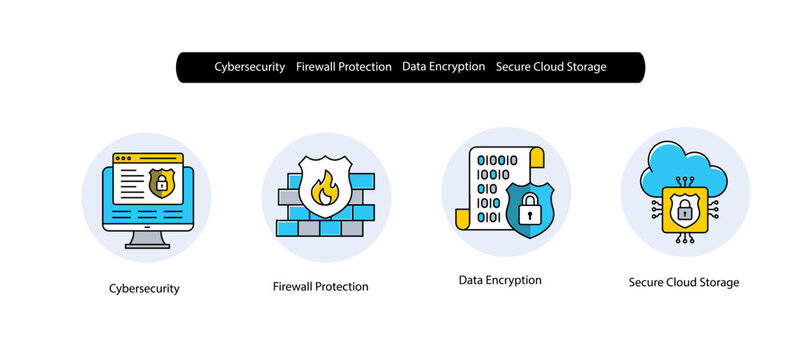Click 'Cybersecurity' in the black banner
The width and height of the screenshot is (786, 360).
pos(250,67)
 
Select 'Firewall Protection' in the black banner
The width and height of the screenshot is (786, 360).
pos(344,67)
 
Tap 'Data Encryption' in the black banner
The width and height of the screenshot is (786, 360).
pos(443,67)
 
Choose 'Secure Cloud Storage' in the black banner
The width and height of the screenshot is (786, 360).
pos(551,67)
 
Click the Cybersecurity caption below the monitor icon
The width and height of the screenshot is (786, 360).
pos(144,288)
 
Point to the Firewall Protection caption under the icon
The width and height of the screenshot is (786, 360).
pos(320,287)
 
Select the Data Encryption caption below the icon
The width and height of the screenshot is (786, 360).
pos(499,280)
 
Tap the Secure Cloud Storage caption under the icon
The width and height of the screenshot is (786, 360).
pos(684,282)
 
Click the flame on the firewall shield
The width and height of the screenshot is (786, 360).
pos(324,187)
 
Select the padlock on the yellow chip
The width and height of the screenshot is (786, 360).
pos(685,210)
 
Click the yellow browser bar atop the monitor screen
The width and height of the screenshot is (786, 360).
pos(147,158)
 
